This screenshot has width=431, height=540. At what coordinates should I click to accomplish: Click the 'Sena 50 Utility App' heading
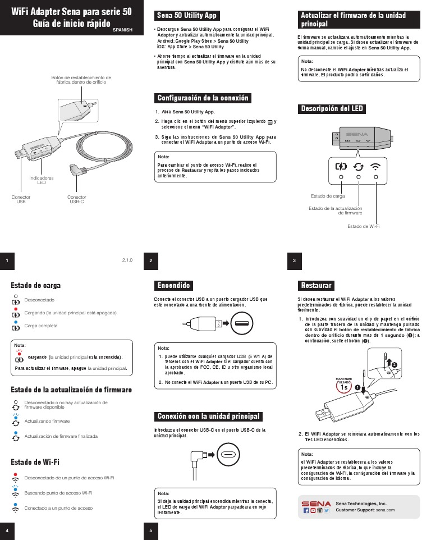pos(186,16)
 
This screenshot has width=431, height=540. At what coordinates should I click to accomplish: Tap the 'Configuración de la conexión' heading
pos(203,98)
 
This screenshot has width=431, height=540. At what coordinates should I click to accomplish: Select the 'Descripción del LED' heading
pos(332,108)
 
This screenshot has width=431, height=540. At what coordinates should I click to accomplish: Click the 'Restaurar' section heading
pos(317,286)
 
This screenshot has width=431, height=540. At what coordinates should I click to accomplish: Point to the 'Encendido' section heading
pos(174,286)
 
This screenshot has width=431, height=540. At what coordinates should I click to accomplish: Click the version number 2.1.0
pos(127,260)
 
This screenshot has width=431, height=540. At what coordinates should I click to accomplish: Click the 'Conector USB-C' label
pos(77,199)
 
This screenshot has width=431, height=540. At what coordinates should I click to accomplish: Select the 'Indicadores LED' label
pos(42,180)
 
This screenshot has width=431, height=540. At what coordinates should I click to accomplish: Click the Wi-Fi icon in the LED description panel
pos(376,166)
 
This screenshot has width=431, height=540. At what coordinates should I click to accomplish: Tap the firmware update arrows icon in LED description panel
pos(359,166)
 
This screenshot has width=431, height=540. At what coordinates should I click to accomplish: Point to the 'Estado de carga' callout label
pos(328,196)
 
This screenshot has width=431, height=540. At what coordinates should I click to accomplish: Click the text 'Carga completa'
pos(41,326)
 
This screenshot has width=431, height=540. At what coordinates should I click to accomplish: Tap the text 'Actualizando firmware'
pos(47,420)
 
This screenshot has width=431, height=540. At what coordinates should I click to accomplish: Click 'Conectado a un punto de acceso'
pos(58,508)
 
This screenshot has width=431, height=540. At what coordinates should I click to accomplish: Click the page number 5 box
pos(150,530)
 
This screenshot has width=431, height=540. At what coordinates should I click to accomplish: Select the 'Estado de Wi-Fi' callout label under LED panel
pos(364,226)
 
